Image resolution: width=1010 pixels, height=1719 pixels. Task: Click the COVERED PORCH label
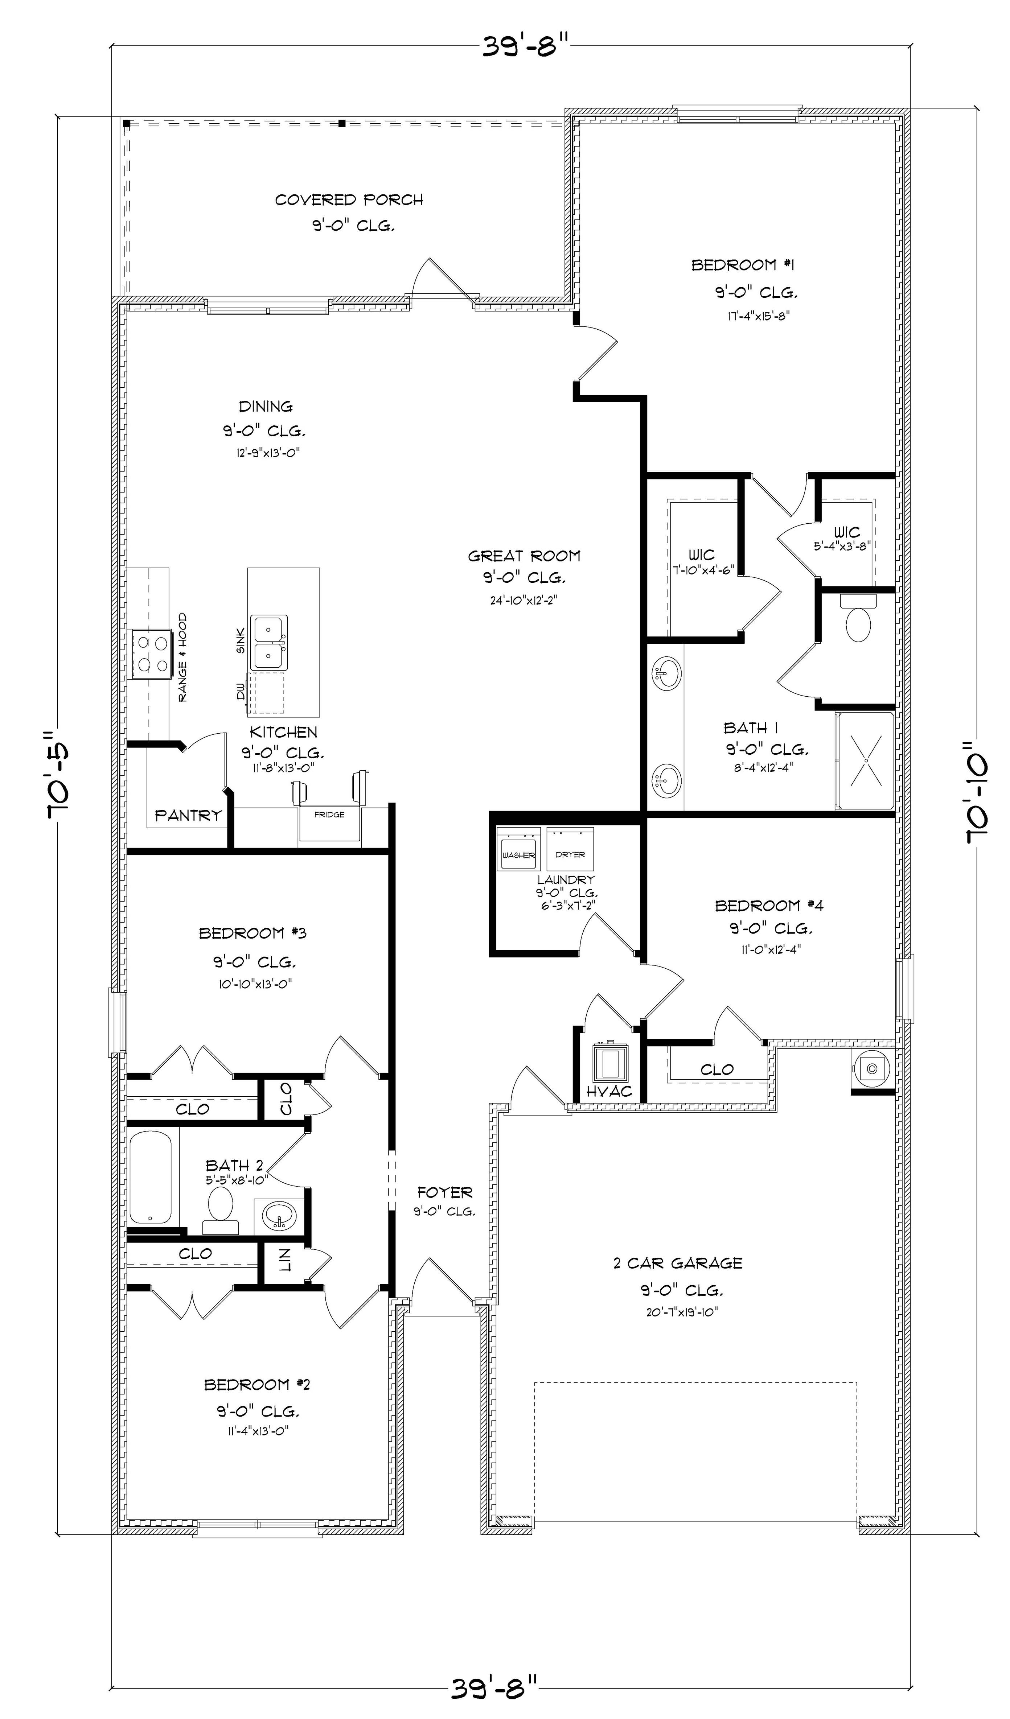coord(349,200)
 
